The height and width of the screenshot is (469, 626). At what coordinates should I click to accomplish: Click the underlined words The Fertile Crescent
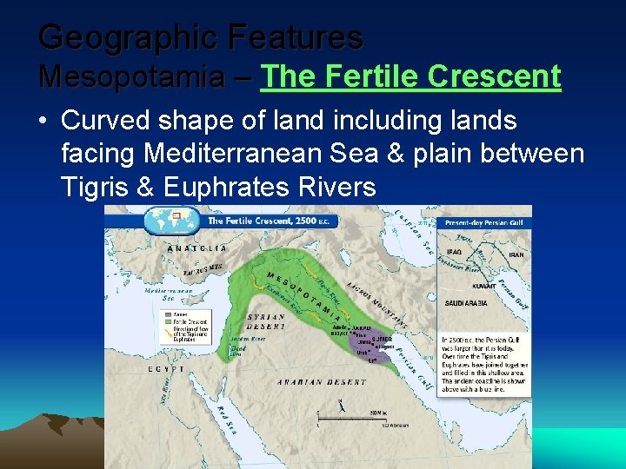(x=410, y=76)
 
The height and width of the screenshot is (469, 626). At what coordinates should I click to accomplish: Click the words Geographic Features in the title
(x=201, y=36)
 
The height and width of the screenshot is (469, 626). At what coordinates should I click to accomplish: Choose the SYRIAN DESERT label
(x=266, y=322)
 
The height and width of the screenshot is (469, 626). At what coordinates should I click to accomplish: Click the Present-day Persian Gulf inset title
(x=483, y=223)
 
